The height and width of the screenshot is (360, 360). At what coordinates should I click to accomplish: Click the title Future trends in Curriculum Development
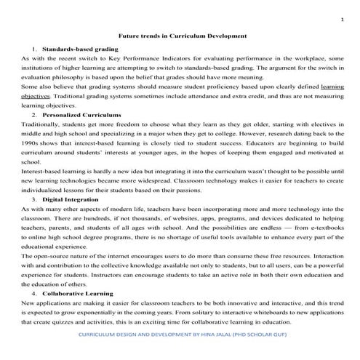[x=182, y=35]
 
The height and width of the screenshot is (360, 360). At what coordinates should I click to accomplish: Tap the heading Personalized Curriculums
[x=78, y=116]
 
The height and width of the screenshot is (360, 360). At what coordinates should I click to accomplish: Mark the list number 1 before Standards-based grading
[x=33, y=47]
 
